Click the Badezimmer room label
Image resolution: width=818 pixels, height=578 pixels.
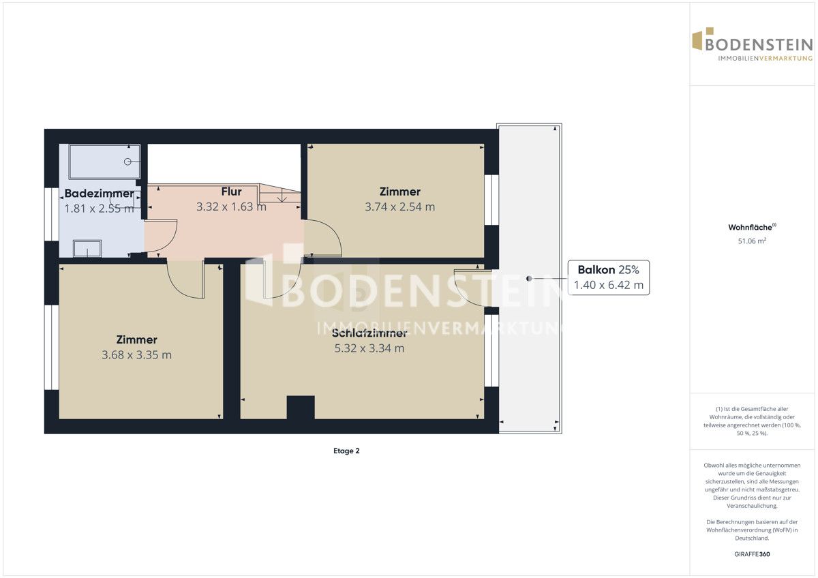coord(99,193)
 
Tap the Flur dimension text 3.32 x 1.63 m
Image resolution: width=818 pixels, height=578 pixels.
coord(231,207)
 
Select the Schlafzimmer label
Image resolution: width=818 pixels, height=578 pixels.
coord(369,333)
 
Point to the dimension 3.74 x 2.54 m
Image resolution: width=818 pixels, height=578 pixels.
coord(400,207)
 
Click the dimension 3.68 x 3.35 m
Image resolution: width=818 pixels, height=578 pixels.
coord(136,355)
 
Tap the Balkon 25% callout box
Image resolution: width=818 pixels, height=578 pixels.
coord(608,277)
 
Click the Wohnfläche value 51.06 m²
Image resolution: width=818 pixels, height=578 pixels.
coord(752,241)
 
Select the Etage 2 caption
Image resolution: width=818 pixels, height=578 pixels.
coord(346,451)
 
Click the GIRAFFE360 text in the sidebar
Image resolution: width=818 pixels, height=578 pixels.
coord(752,554)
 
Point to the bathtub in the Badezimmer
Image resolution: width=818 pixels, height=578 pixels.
coord(104,162)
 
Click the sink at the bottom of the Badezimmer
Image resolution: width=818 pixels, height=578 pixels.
coord(87,248)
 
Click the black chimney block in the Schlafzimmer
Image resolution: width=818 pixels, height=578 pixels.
coord(301,408)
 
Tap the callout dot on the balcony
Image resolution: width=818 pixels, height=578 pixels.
coord(529,279)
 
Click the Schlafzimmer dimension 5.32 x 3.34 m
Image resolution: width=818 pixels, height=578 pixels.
coord(369,348)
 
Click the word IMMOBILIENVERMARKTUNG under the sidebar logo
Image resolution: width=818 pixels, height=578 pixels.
coord(765,59)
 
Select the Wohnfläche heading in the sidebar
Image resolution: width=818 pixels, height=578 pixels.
coord(752,227)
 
